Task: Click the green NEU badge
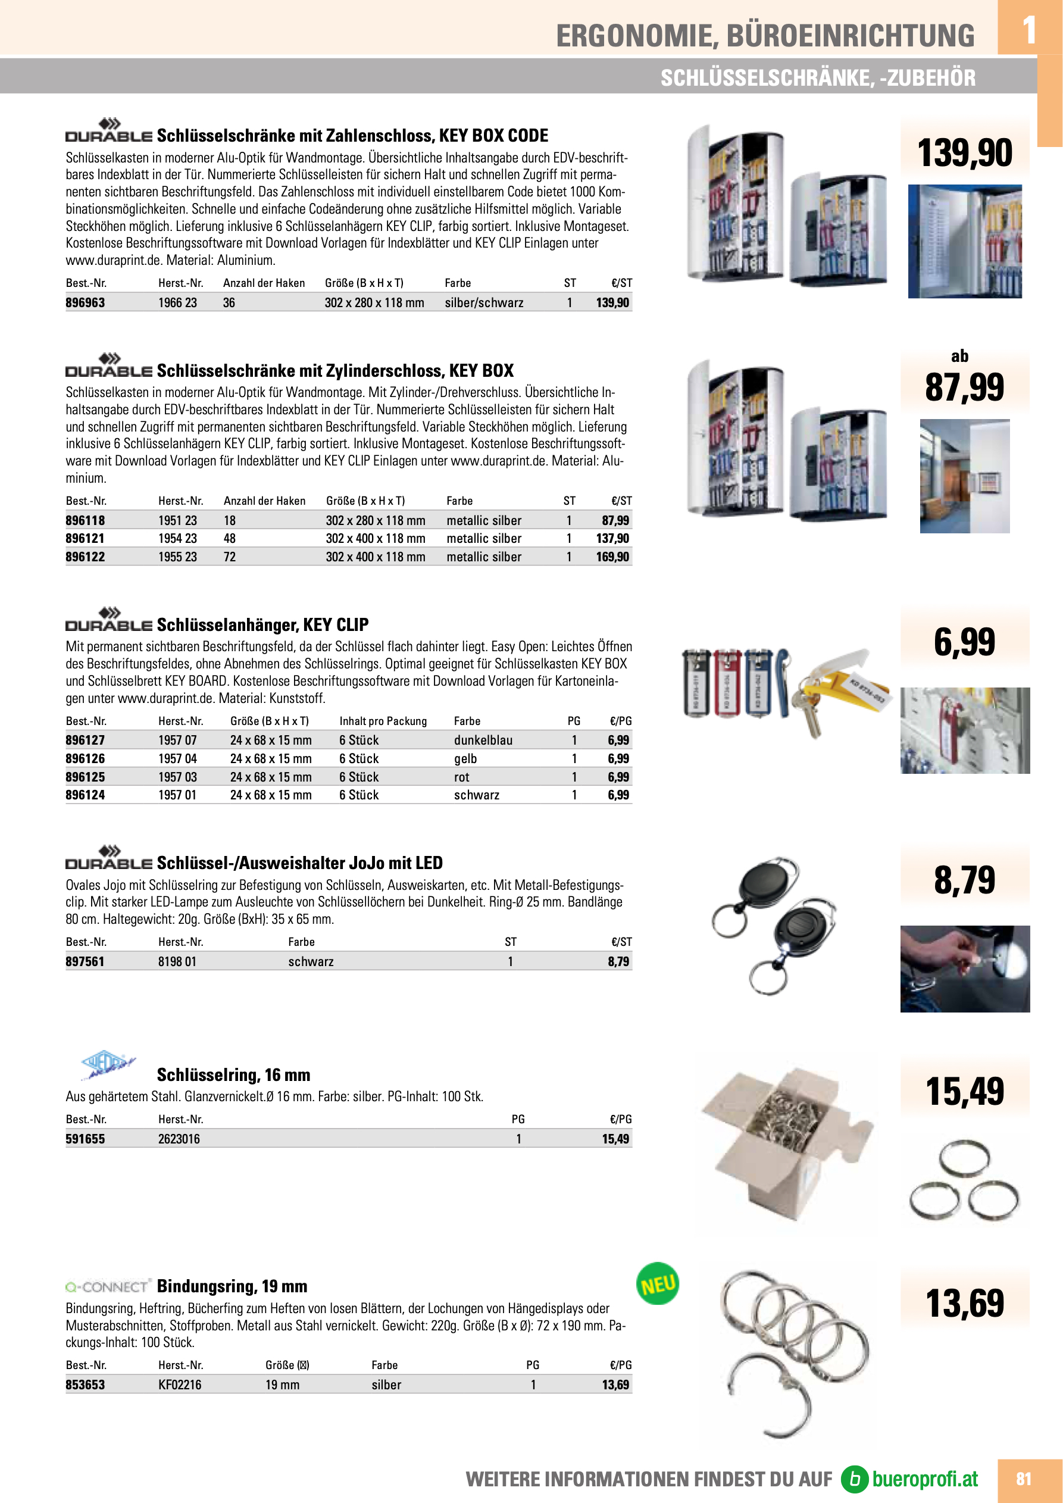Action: (657, 1284)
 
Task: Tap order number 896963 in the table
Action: (85, 302)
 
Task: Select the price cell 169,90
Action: (612, 557)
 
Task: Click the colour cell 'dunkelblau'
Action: (483, 740)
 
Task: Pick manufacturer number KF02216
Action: (179, 1385)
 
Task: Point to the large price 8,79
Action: (964, 880)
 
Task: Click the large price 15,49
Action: (964, 1092)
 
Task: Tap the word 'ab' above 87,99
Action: (959, 356)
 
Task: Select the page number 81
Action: (1024, 1479)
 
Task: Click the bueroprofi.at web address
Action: (924, 1479)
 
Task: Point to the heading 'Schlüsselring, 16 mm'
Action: (233, 1075)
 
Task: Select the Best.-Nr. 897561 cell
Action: (85, 962)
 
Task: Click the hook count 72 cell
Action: (230, 557)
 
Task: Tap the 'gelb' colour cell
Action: (465, 759)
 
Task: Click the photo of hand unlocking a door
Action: (965, 969)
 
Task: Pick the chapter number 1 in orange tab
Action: (1029, 29)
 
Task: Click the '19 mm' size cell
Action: (282, 1385)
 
